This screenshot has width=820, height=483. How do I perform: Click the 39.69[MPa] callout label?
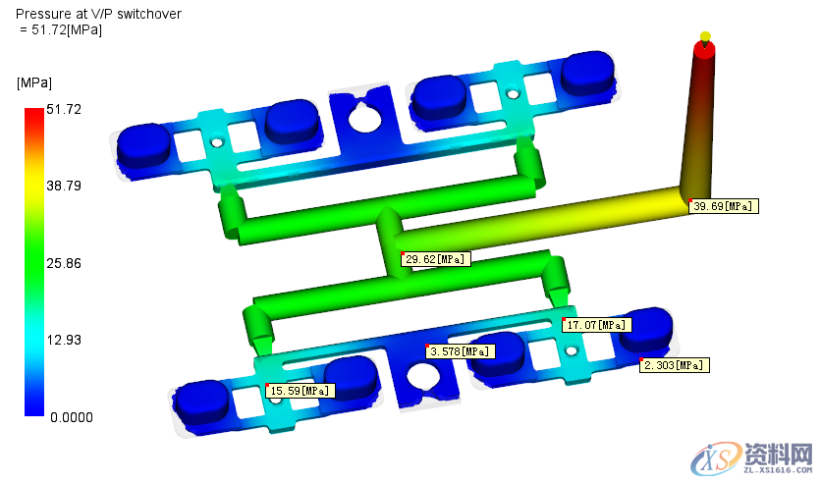[724, 206]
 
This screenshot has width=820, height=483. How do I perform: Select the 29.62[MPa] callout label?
[436, 259]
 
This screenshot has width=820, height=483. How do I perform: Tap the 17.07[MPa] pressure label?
[597, 325]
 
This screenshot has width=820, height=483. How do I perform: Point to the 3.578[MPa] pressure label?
[461, 351]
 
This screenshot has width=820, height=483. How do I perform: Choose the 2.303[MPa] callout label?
[675, 365]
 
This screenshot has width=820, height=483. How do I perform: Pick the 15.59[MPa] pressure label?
[301, 391]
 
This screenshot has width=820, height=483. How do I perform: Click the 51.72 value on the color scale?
[64, 109]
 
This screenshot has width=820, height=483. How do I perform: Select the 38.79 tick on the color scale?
[64, 187]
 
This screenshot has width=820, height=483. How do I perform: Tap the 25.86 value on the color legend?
[64, 263]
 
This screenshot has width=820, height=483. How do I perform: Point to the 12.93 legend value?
[64, 341]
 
